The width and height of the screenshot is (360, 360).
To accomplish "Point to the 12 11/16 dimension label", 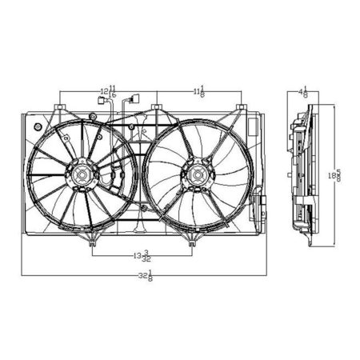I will click(x=107, y=91).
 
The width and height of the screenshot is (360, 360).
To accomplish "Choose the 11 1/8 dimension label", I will click(x=199, y=91).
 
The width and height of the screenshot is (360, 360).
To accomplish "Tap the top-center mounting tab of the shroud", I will click(x=158, y=107).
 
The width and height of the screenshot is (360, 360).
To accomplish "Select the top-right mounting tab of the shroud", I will click(x=242, y=107).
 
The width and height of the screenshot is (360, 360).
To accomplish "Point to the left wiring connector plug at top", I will click(x=101, y=101).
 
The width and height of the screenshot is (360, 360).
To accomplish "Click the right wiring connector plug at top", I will click(x=134, y=101).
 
